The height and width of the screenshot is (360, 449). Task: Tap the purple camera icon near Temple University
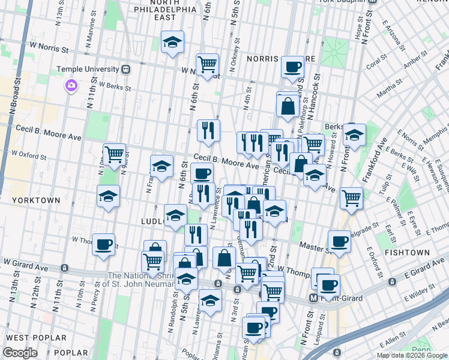point(71,86)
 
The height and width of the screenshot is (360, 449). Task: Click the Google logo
point(20,352)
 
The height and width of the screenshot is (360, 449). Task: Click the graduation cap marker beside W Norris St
point(172,42)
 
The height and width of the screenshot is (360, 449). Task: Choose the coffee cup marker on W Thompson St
point(104,244)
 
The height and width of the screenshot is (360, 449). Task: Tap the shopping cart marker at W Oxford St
point(114,154)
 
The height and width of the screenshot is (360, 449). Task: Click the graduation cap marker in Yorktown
point(108,196)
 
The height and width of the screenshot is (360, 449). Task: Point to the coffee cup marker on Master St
point(340,241)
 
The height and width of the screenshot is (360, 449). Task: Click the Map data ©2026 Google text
point(412,355)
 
